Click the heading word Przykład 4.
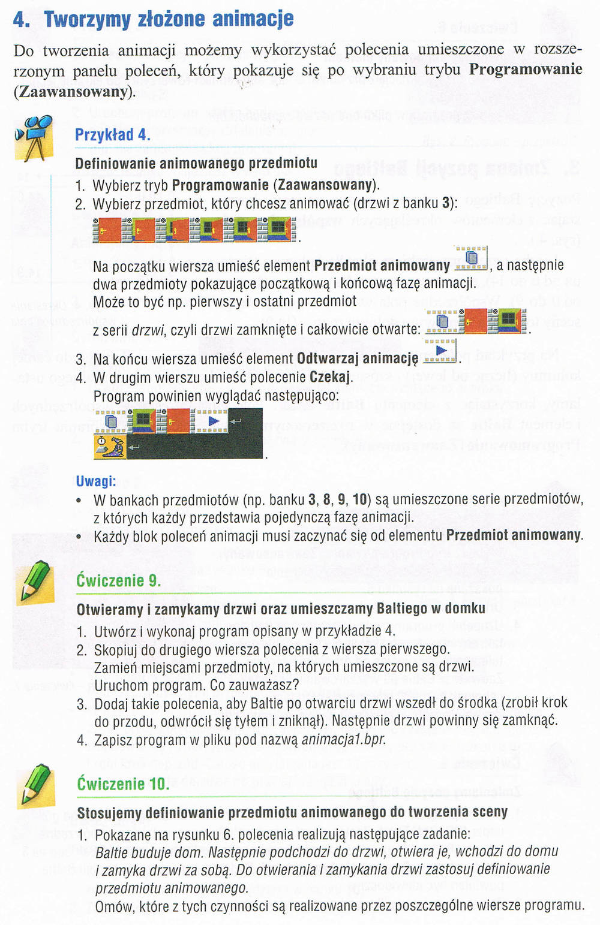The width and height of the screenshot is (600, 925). pyautogui.click(x=112, y=135)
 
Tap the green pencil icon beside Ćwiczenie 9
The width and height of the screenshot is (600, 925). pyautogui.click(x=35, y=582)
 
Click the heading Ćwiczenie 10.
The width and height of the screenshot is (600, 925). pyautogui.click(x=123, y=784)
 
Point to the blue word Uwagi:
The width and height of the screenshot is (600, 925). pyautogui.click(x=96, y=481)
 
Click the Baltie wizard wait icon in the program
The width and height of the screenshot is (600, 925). pyautogui.click(x=110, y=446)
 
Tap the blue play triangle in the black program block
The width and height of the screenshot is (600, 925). pyautogui.click(x=214, y=421)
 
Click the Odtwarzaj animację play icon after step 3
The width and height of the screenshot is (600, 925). pyautogui.click(x=440, y=351)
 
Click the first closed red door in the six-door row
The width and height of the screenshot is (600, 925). pyautogui.click(x=107, y=230)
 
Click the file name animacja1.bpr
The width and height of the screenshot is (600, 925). pyautogui.click(x=344, y=739)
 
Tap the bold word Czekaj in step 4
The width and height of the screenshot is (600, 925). pyautogui.click(x=330, y=376)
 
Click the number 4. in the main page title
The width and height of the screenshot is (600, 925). pyautogui.click(x=22, y=19)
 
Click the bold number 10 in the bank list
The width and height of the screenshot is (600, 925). pyautogui.click(x=360, y=499)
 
